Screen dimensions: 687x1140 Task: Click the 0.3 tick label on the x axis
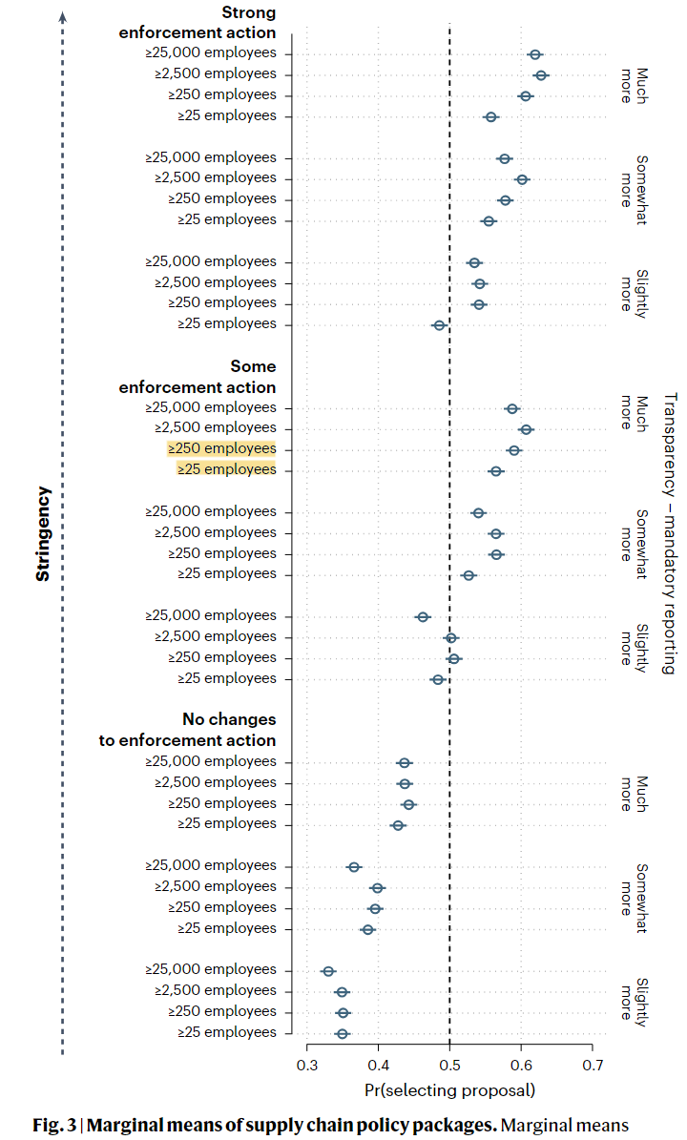coord(307,1066)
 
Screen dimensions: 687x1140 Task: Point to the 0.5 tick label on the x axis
coord(450,1066)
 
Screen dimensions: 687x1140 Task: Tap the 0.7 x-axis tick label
coord(593,1066)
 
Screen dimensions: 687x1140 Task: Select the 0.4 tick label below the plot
coord(378,1066)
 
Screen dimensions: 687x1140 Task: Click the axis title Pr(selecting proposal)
coord(450,1090)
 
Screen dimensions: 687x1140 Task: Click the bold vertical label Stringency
coord(43,533)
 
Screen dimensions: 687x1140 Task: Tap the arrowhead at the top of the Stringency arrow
coord(63,16)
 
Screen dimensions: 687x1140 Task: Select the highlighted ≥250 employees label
coord(221,448)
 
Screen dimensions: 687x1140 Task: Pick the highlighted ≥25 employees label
coord(227,469)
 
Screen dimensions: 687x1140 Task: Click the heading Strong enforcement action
coord(198,23)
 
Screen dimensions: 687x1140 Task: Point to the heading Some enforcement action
coord(198,377)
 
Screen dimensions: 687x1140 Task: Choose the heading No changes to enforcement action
coord(188,730)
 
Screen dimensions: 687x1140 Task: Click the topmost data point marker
coord(535,54)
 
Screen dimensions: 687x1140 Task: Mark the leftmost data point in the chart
coord(328,971)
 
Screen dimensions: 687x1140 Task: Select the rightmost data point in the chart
coord(540,74)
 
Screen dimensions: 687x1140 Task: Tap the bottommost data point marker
coord(343,1034)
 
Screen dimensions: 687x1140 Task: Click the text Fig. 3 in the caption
coord(54,1126)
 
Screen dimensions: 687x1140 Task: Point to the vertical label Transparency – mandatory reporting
coord(670,533)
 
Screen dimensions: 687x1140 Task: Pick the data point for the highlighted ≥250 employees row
coord(514,450)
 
